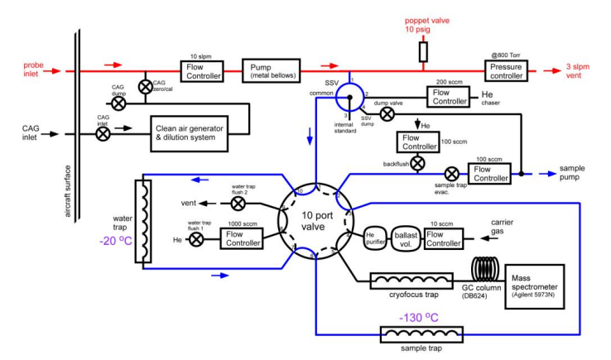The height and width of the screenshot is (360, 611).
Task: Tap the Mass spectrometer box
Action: click(537, 284)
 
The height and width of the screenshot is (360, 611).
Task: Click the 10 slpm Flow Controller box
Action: click(202, 70)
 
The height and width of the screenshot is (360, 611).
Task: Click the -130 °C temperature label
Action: click(423, 318)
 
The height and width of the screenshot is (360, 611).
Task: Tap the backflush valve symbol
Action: click(418, 163)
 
